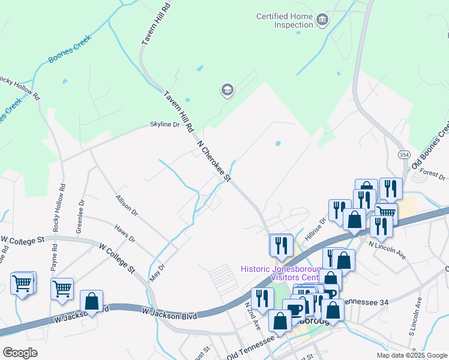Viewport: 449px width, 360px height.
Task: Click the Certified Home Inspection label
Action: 285,21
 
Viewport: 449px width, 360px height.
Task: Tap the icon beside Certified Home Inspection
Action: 322,21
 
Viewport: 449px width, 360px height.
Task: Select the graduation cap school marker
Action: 227,91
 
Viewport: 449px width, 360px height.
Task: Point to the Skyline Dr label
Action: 164,125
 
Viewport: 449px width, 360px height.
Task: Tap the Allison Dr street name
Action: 126,205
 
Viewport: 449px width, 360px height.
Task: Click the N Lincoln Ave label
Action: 387,247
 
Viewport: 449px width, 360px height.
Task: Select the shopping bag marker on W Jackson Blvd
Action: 91,301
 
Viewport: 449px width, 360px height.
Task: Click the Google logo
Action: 20,353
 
